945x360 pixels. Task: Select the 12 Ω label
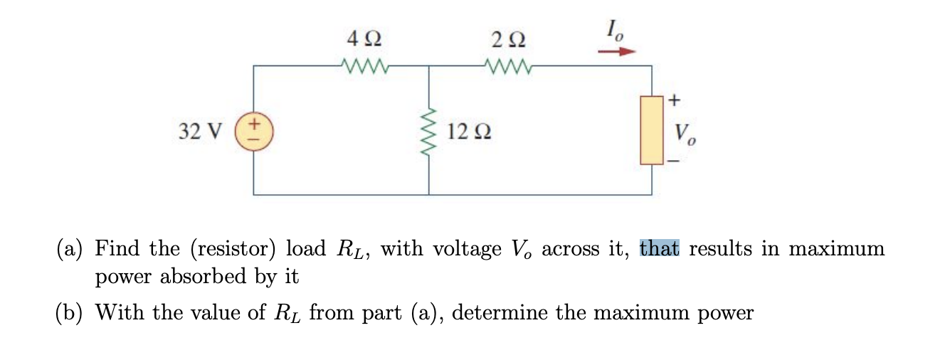pos(472,132)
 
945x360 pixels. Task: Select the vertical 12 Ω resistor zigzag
pos(428,131)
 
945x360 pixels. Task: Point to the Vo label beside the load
pos(685,133)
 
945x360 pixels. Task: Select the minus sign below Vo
pos(674,162)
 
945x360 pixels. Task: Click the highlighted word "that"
pos(660,249)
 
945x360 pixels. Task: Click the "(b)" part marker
pos(73,313)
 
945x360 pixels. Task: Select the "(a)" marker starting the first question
pos(73,249)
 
